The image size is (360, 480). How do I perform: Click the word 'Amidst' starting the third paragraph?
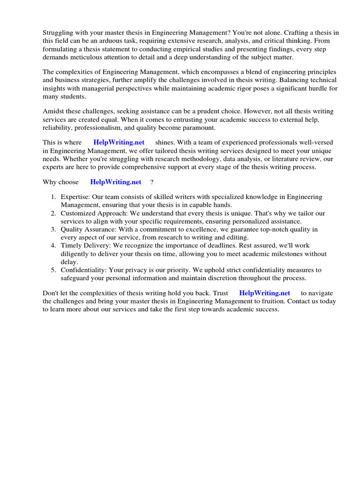click(53, 111)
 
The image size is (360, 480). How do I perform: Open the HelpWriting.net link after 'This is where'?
click(119, 142)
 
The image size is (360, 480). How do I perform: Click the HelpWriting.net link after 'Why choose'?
click(116, 182)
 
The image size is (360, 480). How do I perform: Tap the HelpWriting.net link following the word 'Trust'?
click(264, 293)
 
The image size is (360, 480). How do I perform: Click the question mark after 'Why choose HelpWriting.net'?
click(152, 182)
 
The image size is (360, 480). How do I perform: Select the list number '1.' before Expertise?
click(53, 197)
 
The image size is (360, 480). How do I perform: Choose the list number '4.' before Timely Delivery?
click(53, 246)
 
